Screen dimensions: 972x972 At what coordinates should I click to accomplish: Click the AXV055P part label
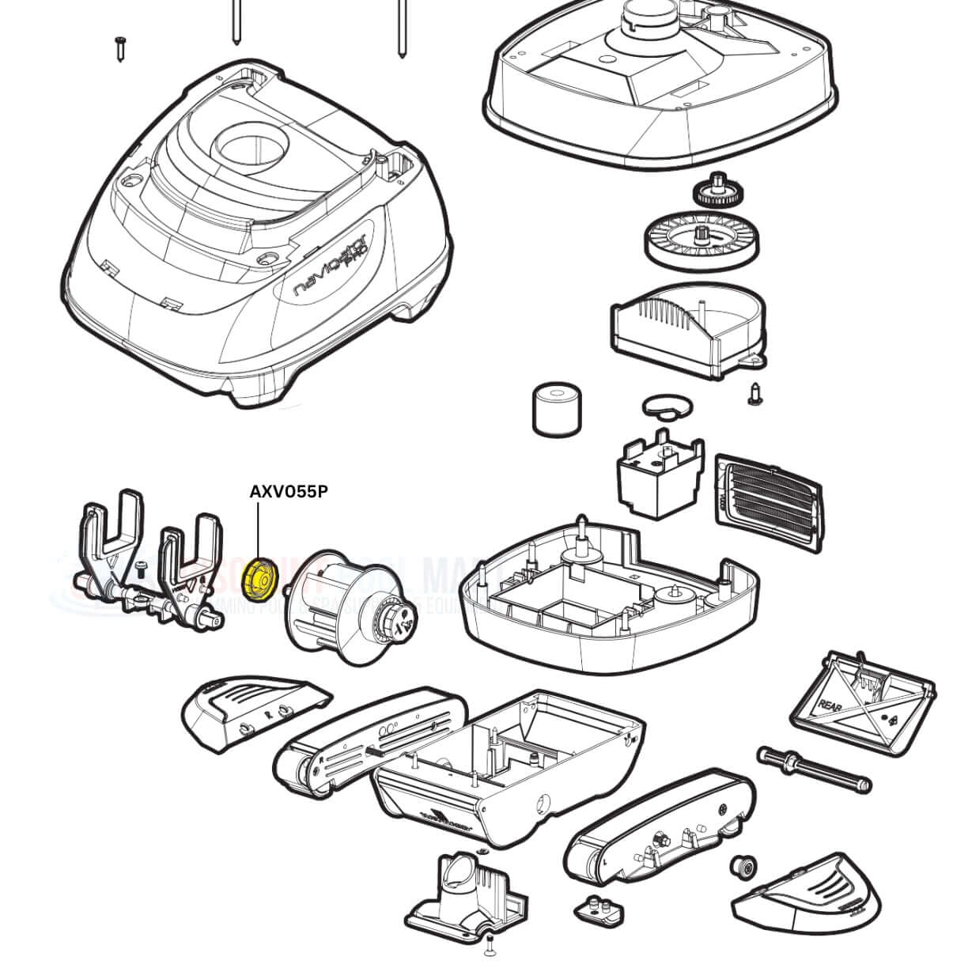click(x=288, y=491)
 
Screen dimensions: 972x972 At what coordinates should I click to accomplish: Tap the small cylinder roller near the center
click(x=556, y=409)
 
